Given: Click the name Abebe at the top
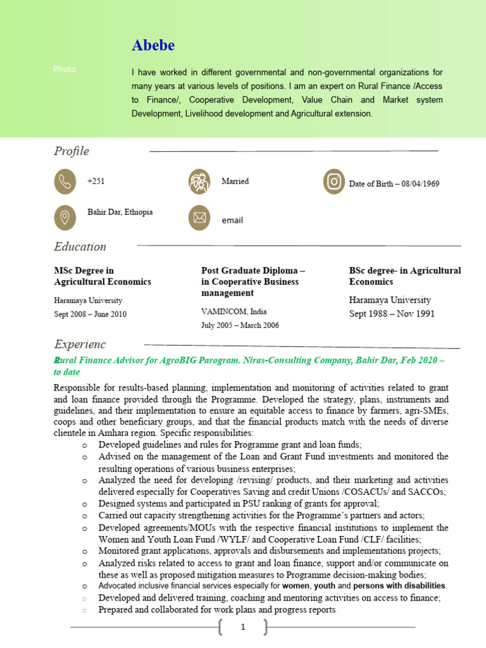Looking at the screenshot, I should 153,46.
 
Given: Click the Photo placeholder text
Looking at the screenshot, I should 65,69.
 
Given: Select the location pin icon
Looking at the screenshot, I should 65,217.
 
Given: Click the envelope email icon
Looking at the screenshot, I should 199,218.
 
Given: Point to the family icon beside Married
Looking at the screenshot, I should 199,182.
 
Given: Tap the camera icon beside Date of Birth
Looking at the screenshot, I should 333,182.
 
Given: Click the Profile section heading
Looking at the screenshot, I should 72,151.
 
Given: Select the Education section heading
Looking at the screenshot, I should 80,247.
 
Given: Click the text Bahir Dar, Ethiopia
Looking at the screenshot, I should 120,212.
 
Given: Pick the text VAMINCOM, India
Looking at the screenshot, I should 234,311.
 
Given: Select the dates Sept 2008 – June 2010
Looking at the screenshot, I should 90,314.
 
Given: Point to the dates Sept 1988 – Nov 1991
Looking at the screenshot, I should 392,314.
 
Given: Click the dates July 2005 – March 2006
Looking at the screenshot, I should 240,325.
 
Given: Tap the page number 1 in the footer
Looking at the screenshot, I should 242,627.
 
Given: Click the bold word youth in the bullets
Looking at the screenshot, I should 325,586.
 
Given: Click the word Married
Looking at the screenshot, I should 235,181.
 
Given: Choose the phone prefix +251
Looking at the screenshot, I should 96,182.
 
